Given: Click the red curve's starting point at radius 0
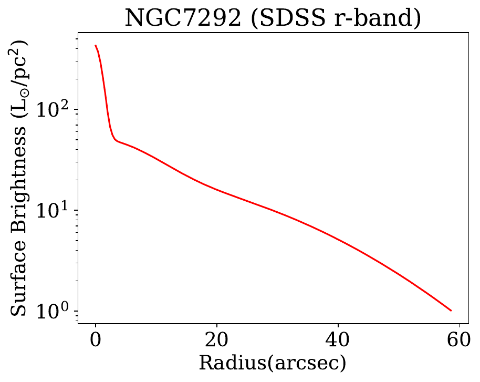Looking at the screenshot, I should pyautogui.click(x=96, y=46).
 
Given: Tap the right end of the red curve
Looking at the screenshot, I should pyautogui.click(x=451, y=311).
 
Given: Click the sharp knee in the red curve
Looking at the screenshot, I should pyautogui.click(x=115, y=140).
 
